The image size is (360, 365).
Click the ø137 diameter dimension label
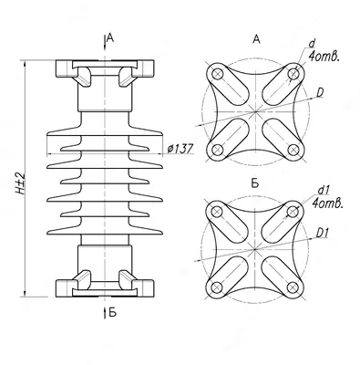[180, 149]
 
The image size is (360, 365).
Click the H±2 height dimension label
[19, 183]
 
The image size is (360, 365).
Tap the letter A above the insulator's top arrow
[110, 37]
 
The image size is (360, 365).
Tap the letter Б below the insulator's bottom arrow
[112, 312]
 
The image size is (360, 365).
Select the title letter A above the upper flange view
[257, 39]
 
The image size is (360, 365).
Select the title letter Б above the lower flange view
[255, 183]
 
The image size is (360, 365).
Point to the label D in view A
[320, 93]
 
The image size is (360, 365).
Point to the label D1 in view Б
[323, 233]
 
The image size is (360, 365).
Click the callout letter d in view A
[312, 44]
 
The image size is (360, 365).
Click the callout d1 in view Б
[324, 191]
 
